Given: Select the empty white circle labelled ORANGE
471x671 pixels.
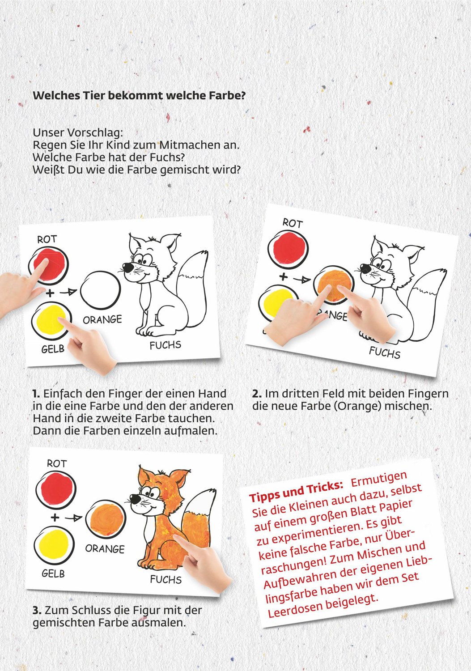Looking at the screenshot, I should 100,291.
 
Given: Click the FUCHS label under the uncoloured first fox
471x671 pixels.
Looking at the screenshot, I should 165,345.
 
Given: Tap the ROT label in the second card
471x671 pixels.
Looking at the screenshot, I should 293,223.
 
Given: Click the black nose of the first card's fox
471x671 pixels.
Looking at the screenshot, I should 128,267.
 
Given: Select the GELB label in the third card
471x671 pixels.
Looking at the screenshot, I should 53,573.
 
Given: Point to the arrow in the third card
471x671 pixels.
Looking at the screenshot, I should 74,518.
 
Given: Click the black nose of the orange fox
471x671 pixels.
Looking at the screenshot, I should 134,497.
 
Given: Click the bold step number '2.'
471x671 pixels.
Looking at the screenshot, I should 257,394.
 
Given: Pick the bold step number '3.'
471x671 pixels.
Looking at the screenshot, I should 37,610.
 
